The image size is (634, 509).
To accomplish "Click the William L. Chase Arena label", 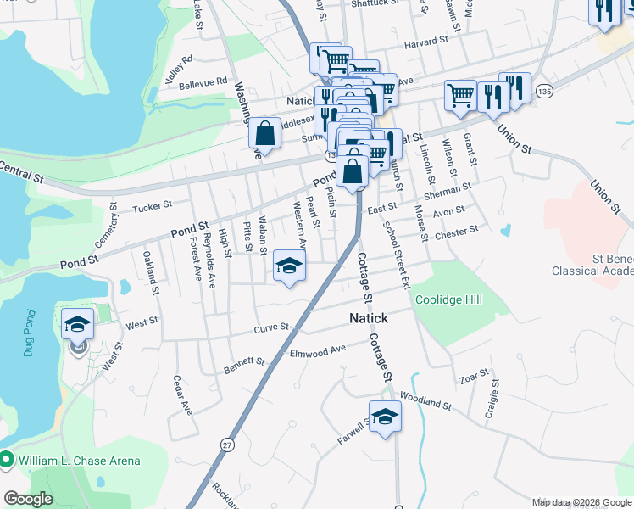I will click(81, 461).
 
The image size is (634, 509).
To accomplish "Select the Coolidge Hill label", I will click(448, 299).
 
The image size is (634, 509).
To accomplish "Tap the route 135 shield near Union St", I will click(545, 91).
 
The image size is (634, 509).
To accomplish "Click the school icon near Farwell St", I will click(384, 417).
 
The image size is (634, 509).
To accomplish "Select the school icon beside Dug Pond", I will click(77, 323).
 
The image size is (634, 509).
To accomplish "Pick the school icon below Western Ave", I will click(289, 266).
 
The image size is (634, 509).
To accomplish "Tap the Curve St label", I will click(272, 327).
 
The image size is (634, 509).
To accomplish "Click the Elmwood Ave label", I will click(318, 350).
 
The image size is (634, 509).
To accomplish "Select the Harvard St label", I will click(425, 41).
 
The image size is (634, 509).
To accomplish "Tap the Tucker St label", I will click(153, 204).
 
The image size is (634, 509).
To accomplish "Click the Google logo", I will click(29, 499).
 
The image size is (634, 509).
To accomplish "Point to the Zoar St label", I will click(473, 374).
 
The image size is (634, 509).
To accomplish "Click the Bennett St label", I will click(245, 366).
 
